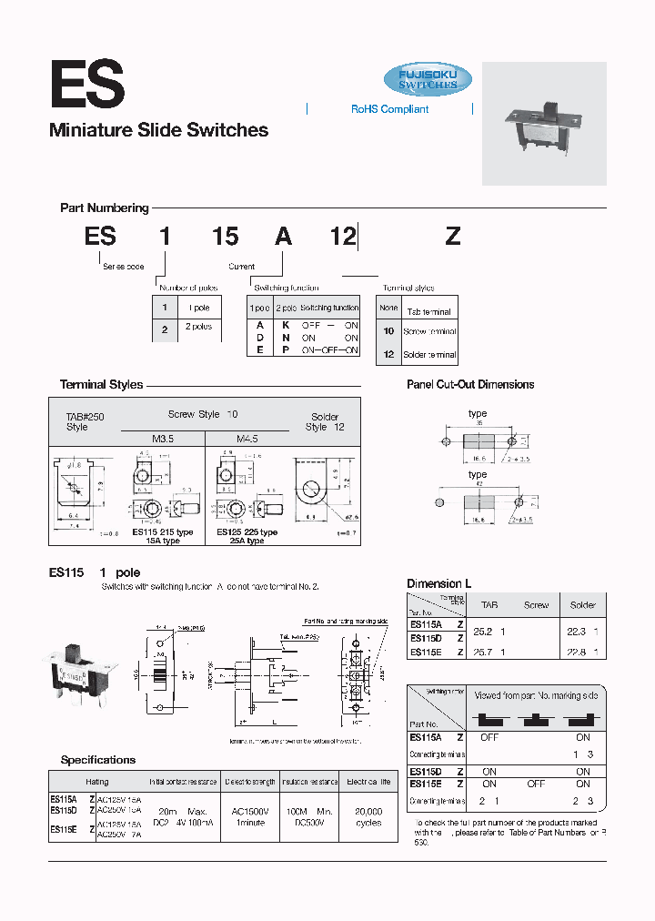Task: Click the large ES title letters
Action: tap(86, 84)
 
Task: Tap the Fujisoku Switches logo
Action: tap(428, 79)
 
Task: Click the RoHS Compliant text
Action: tap(389, 109)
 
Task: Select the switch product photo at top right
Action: tap(543, 123)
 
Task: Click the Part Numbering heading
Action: tap(104, 208)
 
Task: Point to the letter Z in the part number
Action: tap(452, 237)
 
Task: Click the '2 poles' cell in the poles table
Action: tap(198, 327)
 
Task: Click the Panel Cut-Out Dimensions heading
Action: tap(470, 385)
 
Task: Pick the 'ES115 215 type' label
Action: tap(163, 531)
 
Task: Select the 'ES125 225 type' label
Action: tap(247, 531)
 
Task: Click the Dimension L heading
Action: tap(439, 583)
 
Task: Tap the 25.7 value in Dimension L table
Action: tap(489, 653)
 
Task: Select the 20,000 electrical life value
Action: tap(368, 811)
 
